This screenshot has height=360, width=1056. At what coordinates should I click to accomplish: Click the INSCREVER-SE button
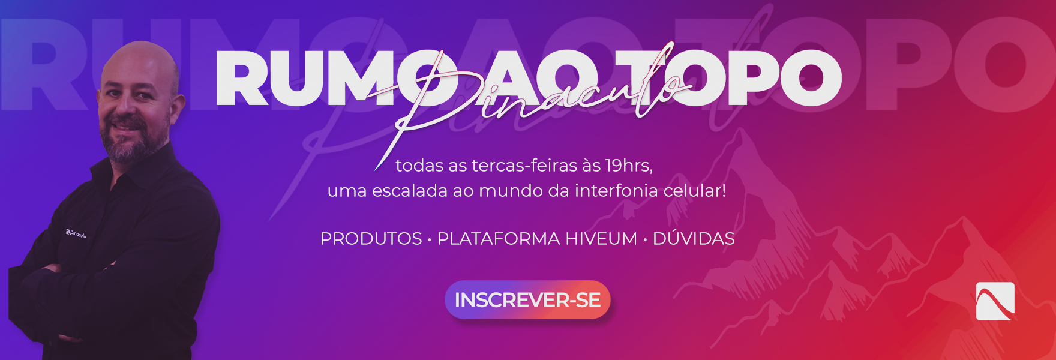527,299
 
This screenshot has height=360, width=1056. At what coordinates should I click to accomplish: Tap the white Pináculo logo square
995,301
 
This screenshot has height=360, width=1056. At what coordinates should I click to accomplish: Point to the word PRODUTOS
371,239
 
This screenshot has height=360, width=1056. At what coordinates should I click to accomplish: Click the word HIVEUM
601,239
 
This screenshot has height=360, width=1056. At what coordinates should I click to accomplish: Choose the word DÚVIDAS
694,238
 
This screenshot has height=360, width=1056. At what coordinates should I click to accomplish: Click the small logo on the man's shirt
76,233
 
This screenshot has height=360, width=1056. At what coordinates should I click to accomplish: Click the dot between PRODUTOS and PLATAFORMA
430,240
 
